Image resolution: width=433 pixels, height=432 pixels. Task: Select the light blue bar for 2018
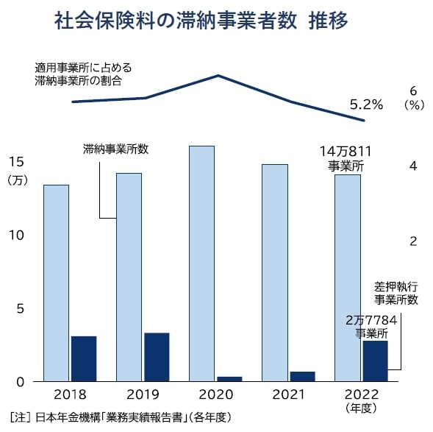point(56,283)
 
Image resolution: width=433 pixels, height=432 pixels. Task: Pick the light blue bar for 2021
point(274,272)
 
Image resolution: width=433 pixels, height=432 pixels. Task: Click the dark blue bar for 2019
point(157,357)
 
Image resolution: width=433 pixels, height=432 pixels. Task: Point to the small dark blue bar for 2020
point(229,379)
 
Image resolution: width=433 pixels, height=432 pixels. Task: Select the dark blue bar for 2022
point(375,361)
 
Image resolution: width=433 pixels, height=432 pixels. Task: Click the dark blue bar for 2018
point(84,358)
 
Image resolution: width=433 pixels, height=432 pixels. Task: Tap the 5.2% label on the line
point(366,105)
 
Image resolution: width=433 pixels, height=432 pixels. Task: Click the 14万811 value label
point(346,151)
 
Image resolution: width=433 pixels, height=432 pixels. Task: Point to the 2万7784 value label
point(371,321)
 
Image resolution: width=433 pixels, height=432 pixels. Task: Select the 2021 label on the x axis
point(287,396)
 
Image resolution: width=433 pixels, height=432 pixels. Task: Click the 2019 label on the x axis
point(142,396)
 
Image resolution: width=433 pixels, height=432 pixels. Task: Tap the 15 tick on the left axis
point(15,162)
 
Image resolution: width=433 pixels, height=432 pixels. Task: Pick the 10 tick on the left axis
point(15,236)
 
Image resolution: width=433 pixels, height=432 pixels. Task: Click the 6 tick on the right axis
point(413,90)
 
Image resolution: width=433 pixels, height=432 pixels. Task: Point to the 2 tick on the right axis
point(413,241)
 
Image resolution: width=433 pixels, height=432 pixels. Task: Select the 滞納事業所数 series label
point(115,149)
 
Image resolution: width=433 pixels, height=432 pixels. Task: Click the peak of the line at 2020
point(218,75)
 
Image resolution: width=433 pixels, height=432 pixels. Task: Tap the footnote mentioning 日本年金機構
point(121,417)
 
